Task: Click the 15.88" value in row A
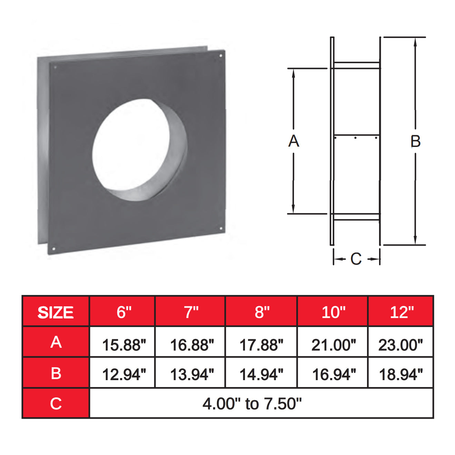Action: (x=124, y=345)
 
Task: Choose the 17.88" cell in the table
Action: (x=261, y=345)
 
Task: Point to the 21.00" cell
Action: (x=333, y=345)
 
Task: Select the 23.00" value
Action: (x=400, y=345)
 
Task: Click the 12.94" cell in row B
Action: (x=124, y=374)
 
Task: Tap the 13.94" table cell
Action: (x=192, y=374)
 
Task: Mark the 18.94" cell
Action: (x=400, y=374)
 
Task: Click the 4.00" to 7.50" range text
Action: (x=252, y=404)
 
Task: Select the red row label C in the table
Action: (x=56, y=404)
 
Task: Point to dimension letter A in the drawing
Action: (x=294, y=141)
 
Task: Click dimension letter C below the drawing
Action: (x=356, y=259)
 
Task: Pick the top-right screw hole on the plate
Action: (x=221, y=55)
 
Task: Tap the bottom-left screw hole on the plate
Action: (x=54, y=248)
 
